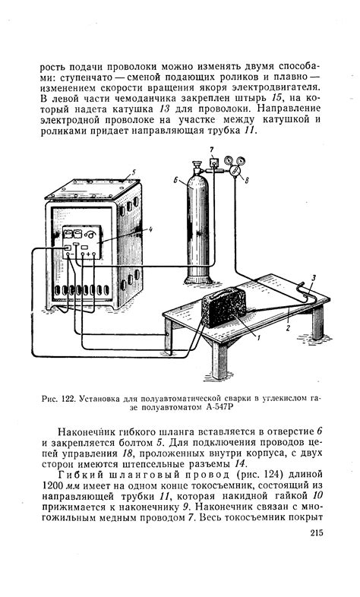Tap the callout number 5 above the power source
tap(135, 172)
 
